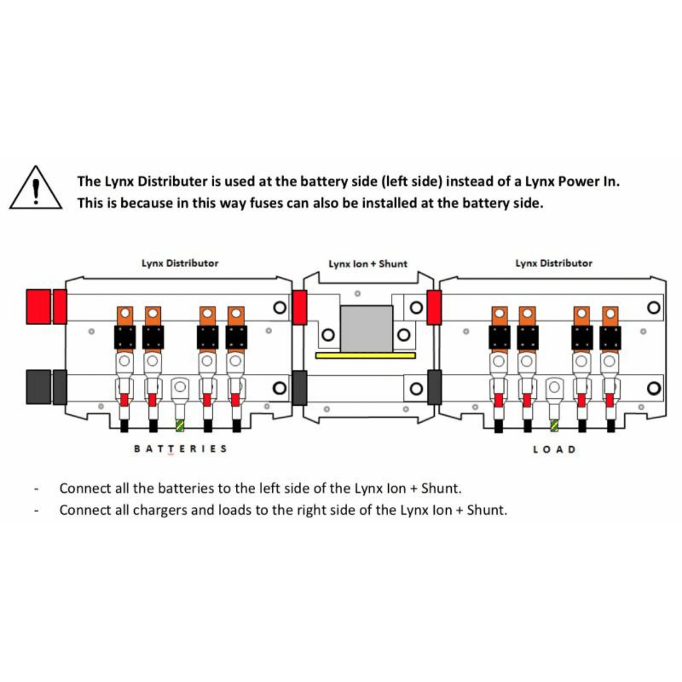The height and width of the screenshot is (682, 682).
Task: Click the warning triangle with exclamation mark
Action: tap(35, 189)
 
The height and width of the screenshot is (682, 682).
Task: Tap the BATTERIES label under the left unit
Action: tap(180, 449)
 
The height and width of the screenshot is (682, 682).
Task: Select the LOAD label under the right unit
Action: tap(554, 450)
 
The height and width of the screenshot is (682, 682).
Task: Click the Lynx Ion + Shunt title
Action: tap(368, 264)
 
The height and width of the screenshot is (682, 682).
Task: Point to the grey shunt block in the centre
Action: tap(366, 328)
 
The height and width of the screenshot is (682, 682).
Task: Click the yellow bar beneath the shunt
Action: tap(365, 355)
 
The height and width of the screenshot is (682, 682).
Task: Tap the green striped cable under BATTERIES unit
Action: tap(181, 425)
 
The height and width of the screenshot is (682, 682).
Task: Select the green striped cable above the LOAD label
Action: tap(554, 425)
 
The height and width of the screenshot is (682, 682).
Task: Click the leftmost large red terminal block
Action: tap(38, 306)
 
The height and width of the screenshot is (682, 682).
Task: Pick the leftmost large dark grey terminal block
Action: tap(38, 387)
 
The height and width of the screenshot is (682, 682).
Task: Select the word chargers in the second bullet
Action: tap(160, 510)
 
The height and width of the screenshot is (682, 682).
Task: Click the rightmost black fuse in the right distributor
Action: tap(610, 338)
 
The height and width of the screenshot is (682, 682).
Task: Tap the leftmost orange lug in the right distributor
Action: tap(499, 315)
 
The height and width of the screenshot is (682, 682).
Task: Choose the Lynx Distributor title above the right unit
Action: tap(554, 263)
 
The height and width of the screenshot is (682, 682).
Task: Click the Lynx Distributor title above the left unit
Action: tap(180, 263)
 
